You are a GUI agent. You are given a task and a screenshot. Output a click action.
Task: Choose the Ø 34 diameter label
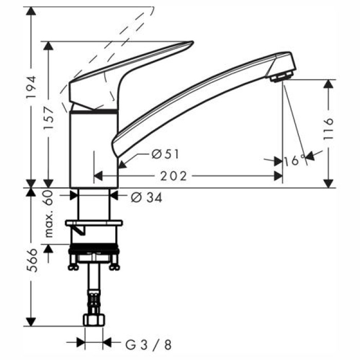click(146, 196)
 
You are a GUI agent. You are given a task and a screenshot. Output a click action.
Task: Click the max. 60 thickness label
click(49, 214)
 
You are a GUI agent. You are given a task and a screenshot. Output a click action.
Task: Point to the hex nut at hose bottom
click(94, 320)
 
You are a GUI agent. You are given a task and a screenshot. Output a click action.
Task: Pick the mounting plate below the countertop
click(94, 223)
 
